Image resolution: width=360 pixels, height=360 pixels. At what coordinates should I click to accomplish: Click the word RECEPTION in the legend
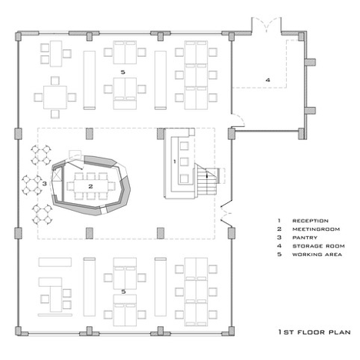(x=310, y=221)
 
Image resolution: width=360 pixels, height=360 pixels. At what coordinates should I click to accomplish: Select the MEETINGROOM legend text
(x=316, y=229)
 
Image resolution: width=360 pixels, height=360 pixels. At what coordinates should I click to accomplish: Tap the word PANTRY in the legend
(x=305, y=238)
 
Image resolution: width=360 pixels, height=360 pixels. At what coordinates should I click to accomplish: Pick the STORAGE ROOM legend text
(x=318, y=246)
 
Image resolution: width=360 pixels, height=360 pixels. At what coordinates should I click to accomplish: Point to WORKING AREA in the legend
(x=317, y=255)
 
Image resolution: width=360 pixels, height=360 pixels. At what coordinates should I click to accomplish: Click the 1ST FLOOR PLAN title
(x=315, y=332)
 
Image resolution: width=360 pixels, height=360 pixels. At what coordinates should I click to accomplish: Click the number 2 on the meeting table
(x=91, y=186)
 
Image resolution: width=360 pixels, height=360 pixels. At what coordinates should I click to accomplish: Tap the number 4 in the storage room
(x=268, y=80)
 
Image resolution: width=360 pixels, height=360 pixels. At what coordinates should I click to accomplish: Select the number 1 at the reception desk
(x=175, y=162)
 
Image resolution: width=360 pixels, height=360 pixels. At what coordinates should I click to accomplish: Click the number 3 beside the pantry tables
(x=45, y=184)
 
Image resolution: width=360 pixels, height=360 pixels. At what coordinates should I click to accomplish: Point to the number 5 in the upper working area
(x=123, y=72)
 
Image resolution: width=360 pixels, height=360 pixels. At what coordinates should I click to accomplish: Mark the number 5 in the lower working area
(x=123, y=292)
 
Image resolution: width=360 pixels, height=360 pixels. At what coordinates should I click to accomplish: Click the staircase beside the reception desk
(x=207, y=179)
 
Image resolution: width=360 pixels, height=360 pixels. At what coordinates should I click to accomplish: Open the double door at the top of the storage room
(x=266, y=25)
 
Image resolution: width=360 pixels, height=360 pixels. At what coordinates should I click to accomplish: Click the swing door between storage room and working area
(x=238, y=121)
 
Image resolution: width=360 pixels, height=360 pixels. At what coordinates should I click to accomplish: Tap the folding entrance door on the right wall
(x=226, y=213)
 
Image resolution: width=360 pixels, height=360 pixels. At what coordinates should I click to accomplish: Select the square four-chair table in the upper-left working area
(x=55, y=98)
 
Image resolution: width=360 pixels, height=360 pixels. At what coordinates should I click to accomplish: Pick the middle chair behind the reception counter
(x=184, y=162)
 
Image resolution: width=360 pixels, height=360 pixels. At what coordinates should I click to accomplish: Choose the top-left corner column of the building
(x=18, y=37)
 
